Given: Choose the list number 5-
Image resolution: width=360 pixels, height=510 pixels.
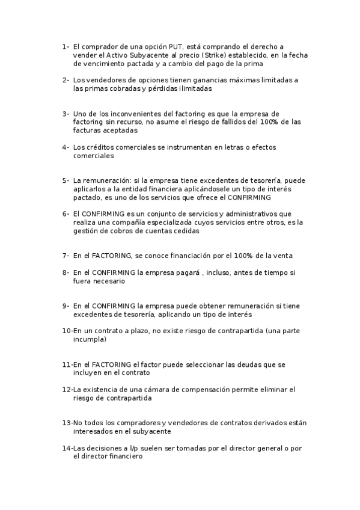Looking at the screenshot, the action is pos(66,180).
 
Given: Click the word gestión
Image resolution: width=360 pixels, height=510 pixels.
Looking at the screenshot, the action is pos(87,230).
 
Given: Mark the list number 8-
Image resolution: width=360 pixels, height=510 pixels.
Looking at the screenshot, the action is pos(66,272).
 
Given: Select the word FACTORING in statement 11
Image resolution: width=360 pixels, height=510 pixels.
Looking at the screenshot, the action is pos(112,364).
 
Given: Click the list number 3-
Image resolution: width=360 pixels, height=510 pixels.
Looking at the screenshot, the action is pos(66,113).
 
